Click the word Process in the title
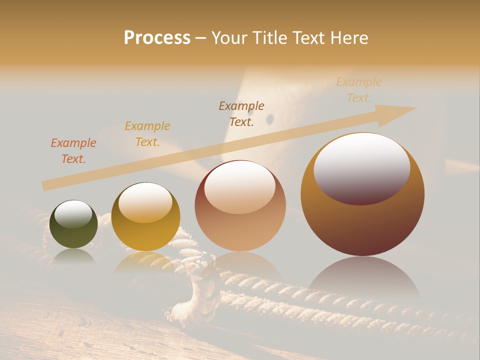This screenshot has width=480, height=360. [157, 38]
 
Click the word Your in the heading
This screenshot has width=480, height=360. [230, 38]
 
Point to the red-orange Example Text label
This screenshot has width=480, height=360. [73, 151]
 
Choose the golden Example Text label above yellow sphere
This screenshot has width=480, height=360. [147, 134]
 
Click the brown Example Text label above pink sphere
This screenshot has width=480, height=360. [241, 114]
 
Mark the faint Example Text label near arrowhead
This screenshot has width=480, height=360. [358, 90]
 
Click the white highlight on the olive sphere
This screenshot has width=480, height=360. [73, 214]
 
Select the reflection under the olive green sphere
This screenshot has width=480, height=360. [73, 256]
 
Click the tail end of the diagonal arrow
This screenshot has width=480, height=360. [47, 185]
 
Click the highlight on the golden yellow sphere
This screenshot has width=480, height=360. [145, 202]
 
